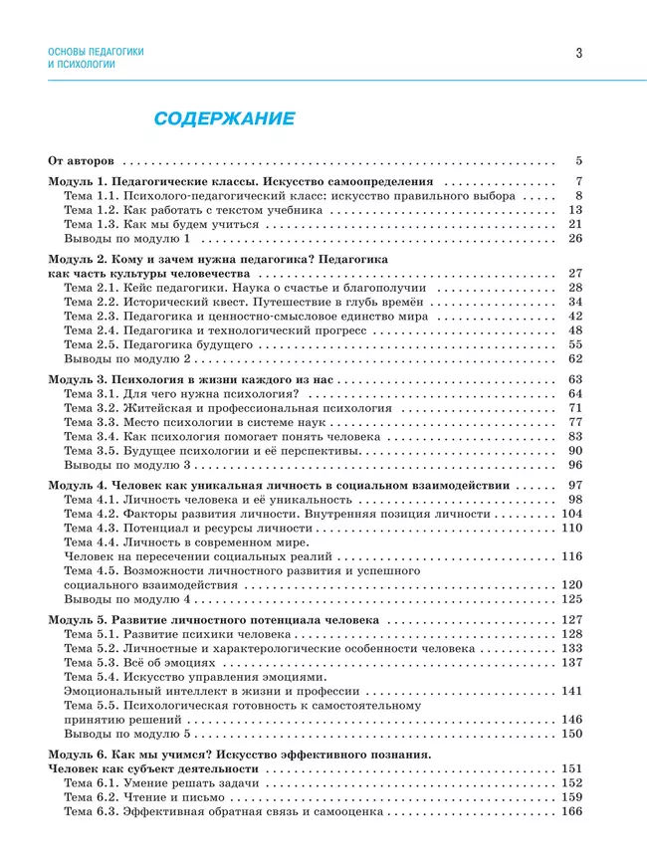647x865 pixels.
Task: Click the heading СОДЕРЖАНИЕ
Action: point(223,119)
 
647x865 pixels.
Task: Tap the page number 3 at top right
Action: point(578,54)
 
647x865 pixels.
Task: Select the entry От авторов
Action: point(83,160)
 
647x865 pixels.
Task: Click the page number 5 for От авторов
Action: point(577,160)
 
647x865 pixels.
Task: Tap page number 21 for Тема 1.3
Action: point(574,225)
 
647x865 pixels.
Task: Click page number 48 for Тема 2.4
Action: point(574,329)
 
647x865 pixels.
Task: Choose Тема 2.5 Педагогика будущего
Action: point(158,344)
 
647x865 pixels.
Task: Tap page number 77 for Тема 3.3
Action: point(574,422)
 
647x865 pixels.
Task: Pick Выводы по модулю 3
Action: point(126,465)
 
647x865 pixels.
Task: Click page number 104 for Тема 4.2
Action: point(571,514)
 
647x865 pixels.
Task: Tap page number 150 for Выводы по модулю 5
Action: point(571,734)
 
